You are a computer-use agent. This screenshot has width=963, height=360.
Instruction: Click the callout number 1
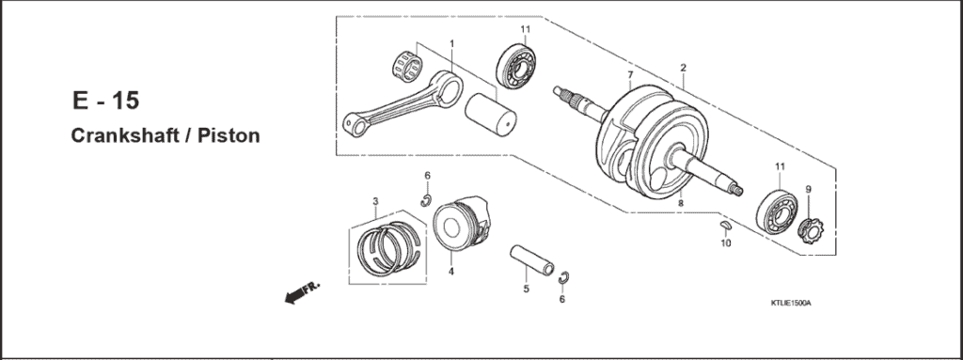pyautogui.click(x=451, y=43)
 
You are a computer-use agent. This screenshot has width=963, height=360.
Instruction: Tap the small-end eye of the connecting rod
pyautogui.click(x=353, y=122)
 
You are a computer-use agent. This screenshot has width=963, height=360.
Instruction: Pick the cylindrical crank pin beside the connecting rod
pyautogui.click(x=492, y=107)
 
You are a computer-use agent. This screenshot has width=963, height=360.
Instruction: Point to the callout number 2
pyautogui.click(x=683, y=68)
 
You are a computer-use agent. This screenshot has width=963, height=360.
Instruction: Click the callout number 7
pyautogui.click(x=630, y=74)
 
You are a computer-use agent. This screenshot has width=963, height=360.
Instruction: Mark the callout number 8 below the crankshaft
pyautogui.click(x=679, y=201)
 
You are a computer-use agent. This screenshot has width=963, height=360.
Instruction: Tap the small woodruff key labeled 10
pyautogui.click(x=725, y=226)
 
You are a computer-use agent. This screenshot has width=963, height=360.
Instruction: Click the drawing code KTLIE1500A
pyautogui.click(x=789, y=304)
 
